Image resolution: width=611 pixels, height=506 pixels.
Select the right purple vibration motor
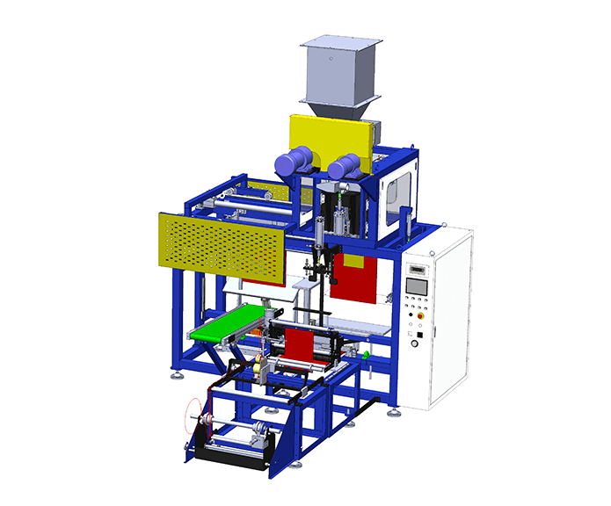pyautogui.click(x=345, y=165)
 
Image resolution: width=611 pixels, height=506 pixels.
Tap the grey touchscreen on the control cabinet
pyautogui.click(x=416, y=286)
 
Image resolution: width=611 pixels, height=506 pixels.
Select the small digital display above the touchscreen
pyautogui.click(x=416, y=269)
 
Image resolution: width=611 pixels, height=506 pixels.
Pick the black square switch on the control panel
pyautogui.click(x=420, y=334)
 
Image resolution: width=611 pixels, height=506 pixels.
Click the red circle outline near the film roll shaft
pyautogui.click(x=193, y=417)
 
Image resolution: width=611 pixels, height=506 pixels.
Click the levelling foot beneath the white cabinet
pyautogui.click(x=398, y=408)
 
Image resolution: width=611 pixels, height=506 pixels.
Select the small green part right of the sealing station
pyautogui.click(x=364, y=355)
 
